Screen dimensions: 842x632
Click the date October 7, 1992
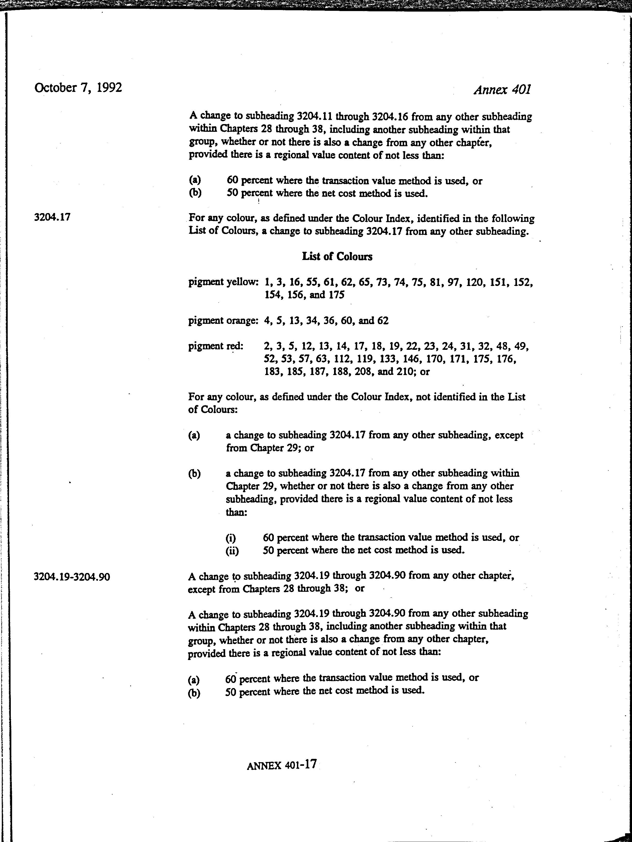click(78, 88)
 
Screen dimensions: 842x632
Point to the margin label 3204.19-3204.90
click(72, 577)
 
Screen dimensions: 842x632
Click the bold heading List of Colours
click(337, 257)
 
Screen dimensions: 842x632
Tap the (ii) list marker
click(232, 551)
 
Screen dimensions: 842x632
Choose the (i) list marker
click(231, 538)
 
